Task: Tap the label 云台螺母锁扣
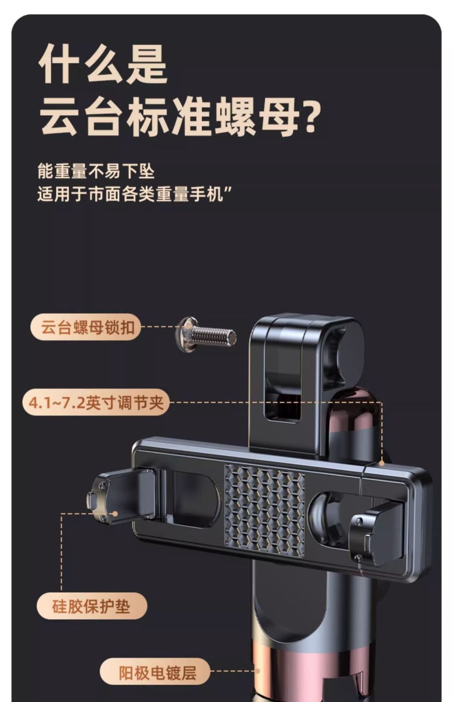point(86,328)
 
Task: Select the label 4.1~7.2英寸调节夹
point(96,402)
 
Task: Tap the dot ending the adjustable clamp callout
point(381,463)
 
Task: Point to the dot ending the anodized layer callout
point(258,671)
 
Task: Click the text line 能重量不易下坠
point(96,171)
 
